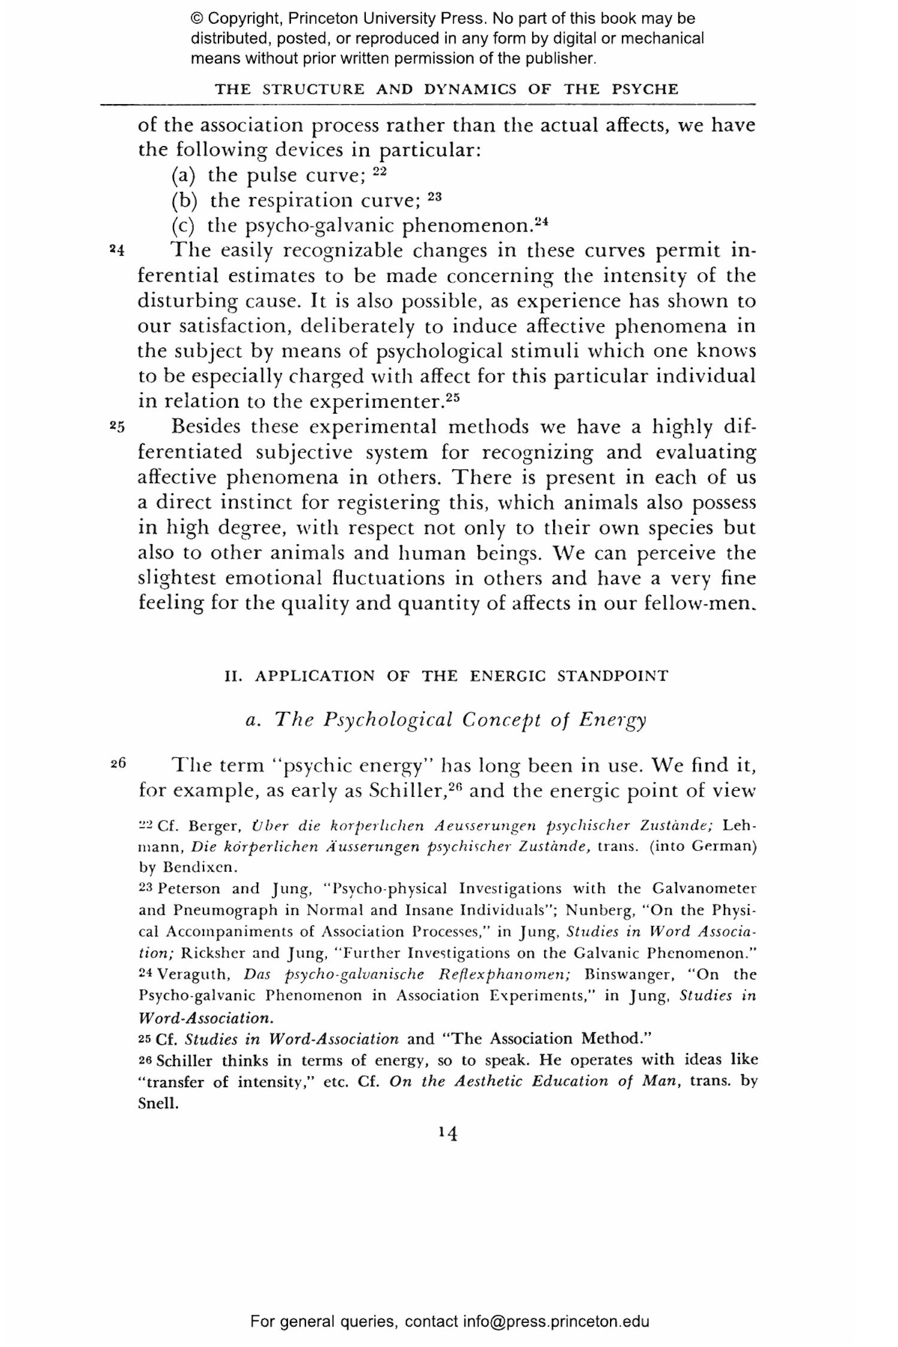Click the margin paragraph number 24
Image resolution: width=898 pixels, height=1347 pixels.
pos(117,250)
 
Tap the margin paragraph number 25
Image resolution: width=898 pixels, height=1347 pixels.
pos(117,427)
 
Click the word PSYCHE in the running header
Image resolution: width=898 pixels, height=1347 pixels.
pos(645,90)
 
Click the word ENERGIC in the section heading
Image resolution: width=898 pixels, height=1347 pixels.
pos(508,676)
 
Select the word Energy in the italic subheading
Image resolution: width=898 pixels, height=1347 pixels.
pos(612,720)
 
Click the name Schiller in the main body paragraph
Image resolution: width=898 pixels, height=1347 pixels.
pos(406,791)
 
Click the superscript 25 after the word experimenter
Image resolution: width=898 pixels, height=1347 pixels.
pos(453,397)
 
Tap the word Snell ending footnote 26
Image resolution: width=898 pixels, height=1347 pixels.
pos(158,1103)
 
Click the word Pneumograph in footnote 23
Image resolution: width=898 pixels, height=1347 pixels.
pos(227,910)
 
